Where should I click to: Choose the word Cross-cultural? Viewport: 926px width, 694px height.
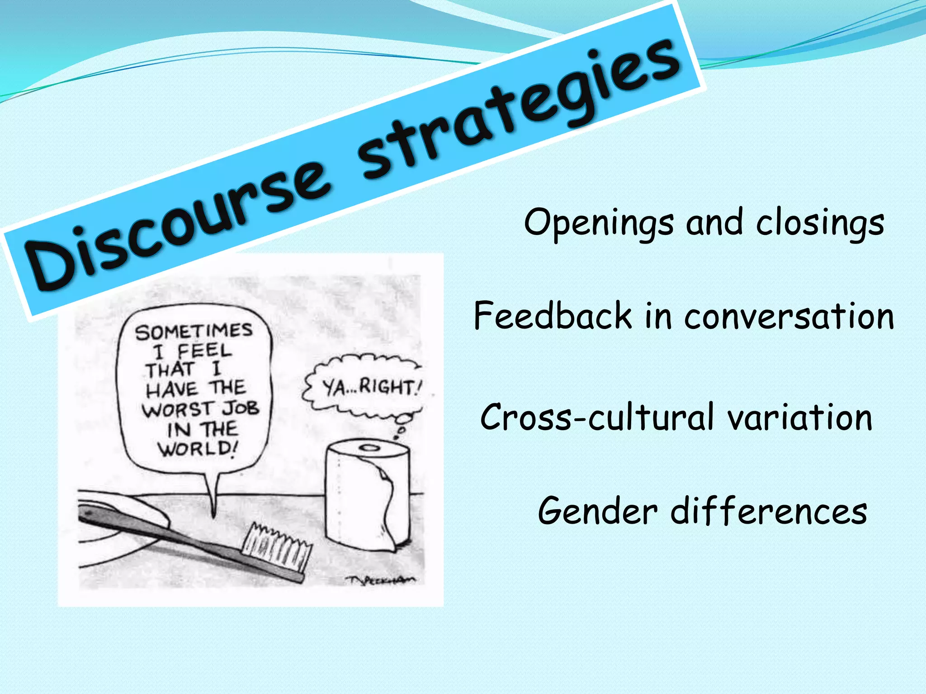(597, 417)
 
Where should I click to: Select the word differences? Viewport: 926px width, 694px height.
(769, 511)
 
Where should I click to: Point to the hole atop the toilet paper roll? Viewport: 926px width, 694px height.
(370, 448)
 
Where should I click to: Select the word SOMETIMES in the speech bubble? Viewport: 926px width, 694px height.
(194, 331)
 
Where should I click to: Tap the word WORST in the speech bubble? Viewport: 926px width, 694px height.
(176, 409)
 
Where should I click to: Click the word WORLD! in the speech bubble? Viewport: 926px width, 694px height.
(197, 449)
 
